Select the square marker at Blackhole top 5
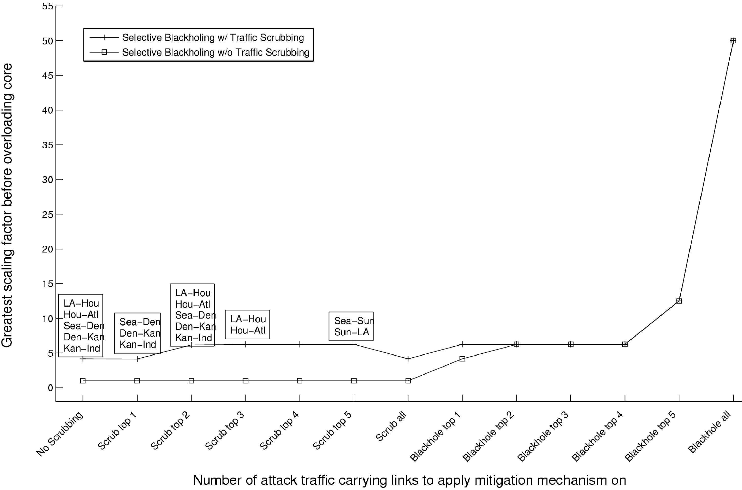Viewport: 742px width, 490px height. tap(679, 301)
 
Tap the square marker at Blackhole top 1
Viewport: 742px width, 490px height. tap(462, 359)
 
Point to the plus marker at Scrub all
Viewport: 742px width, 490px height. tap(408, 359)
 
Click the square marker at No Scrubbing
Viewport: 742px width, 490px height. tap(83, 381)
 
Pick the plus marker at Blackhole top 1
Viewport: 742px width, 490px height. tap(462, 344)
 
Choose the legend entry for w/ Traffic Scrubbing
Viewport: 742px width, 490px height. tap(213, 38)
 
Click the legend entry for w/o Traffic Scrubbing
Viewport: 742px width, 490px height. tap(216, 52)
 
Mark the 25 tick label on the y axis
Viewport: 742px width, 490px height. tap(48, 214)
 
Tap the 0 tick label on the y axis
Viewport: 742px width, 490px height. tap(50, 388)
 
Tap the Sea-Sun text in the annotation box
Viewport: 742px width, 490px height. tap(354, 320)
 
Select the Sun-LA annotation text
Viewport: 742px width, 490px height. tap(352, 332)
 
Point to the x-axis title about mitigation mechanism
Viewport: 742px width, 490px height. tap(409, 480)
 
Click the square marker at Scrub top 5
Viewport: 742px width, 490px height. tap(354, 381)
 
